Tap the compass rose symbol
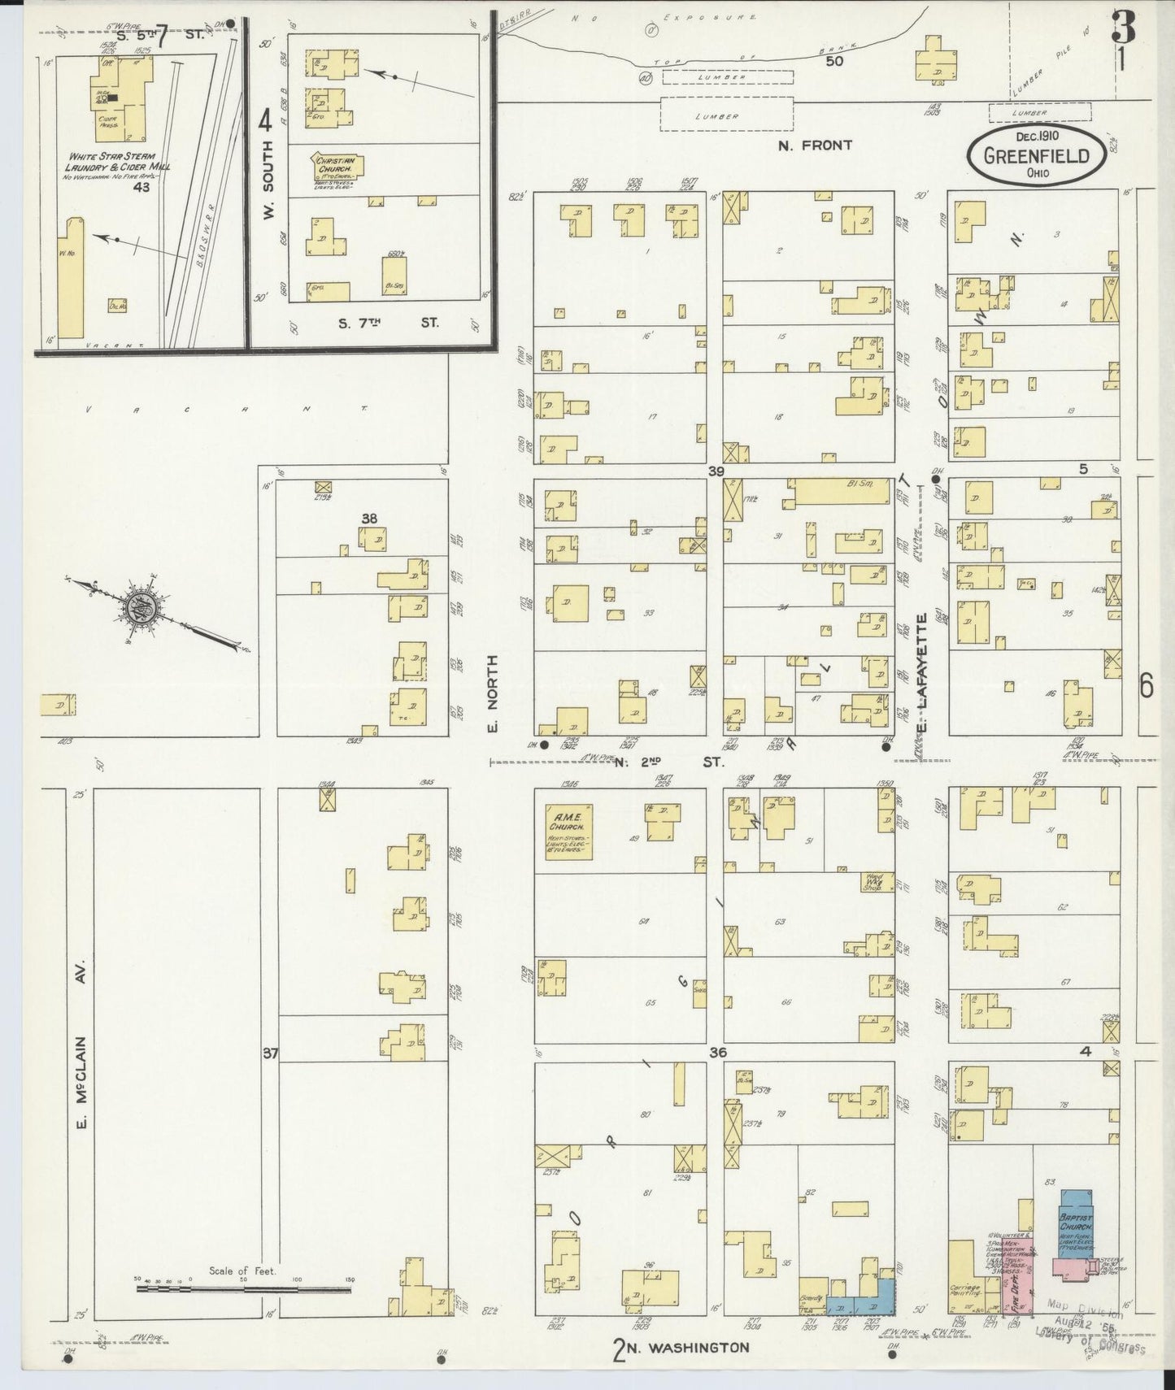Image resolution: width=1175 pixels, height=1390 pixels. click(x=137, y=606)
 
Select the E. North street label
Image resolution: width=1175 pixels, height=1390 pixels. click(x=492, y=693)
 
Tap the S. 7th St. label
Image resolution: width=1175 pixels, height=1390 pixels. click(x=388, y=323)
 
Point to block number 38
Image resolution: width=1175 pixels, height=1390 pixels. click(x=370, y=517)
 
